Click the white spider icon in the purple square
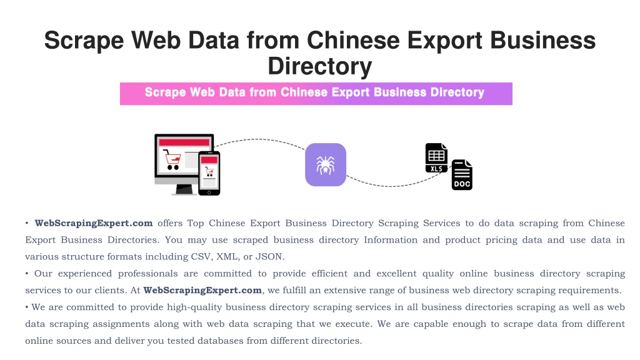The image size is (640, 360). click(325, 165)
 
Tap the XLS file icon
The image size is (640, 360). click(436, 157)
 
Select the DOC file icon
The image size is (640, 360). click(462, 175)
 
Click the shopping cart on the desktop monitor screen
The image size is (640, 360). click(172, 159)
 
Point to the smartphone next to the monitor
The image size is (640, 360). click(209, 173)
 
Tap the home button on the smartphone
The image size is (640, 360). click(209, 192)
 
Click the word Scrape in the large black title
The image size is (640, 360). click(84, 41)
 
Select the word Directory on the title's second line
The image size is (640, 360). click(320, 66)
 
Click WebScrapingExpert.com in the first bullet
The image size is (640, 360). click(94, 223)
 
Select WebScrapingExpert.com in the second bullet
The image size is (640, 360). click(202, 290)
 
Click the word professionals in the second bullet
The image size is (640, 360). click(147, 274)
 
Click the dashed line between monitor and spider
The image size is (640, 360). click(259, 140)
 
